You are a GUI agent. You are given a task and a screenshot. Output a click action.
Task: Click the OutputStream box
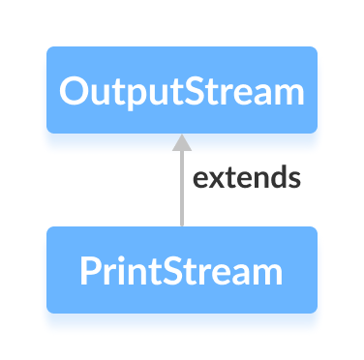point(181,90)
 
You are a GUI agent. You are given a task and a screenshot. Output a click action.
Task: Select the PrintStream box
point(181,270)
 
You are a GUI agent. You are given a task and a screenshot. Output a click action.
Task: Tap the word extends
point(246,179)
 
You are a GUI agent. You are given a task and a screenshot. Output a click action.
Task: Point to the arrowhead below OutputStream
point(181,142)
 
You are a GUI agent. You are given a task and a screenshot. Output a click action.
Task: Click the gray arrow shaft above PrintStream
point(181,194)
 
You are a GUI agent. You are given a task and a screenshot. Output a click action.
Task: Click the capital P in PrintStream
point(90,271)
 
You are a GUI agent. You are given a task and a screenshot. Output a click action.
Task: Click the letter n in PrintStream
point(136,273)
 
